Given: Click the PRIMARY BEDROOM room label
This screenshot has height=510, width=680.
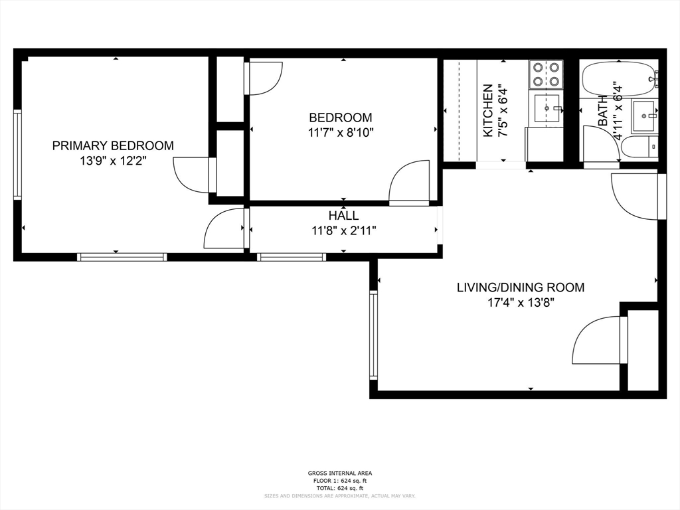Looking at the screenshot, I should (x=113, y=145).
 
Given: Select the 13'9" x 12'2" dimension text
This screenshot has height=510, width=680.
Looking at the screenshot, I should (x=113, y=160).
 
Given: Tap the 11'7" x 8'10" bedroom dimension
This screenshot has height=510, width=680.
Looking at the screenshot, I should (x=341, y=132).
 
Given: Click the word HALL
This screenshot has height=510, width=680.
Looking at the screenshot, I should (x=343, y=216).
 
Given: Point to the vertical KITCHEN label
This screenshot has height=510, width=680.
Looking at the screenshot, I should (x=488, y=110).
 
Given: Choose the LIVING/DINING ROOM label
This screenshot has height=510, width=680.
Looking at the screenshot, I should (x=520, y=288).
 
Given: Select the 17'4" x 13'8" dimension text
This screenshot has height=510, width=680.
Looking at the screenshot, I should (x=520, y=302).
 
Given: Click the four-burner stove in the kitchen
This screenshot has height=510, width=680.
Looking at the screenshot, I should (x=545, y=74).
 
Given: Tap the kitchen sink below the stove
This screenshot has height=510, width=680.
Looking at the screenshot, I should (x=548, y=108).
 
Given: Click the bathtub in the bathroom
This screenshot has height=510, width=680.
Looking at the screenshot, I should (x=618, y=79).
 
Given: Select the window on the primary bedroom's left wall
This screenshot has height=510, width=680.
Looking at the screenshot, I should (x=18, y=155).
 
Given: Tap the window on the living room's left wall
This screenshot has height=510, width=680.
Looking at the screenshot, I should (x=373, y=335).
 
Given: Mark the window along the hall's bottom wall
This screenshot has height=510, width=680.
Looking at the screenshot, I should (x=291, y=257).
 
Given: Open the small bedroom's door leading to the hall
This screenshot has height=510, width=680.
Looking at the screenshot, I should (x=410, y=183).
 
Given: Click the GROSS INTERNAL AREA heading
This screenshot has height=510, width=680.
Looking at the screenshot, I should (x=339, y=473).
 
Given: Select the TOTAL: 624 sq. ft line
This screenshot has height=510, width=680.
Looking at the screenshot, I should (x=339, y=487).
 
